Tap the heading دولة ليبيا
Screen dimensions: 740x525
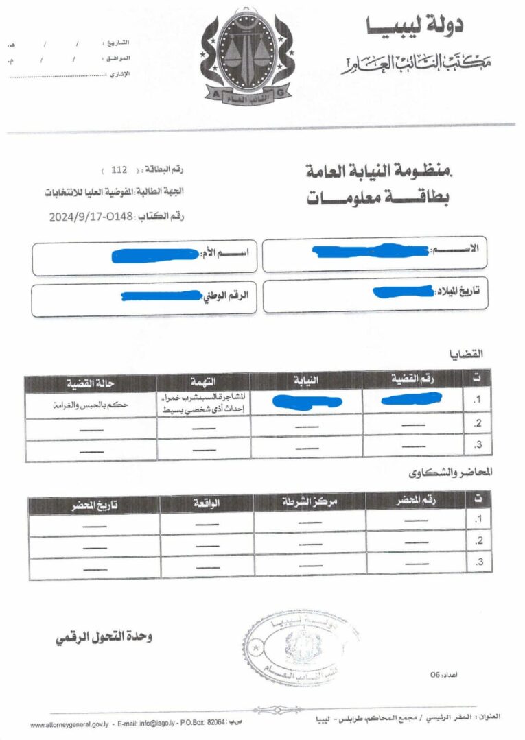coord(414,26)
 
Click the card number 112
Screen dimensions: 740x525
coord(119,169)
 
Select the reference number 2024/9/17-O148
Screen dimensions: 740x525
coord(93,217)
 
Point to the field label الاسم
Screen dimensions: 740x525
coord(464,250)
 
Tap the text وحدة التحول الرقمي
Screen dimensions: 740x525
coord(104,636)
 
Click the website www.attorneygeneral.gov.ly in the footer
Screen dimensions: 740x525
coord(67,724)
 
